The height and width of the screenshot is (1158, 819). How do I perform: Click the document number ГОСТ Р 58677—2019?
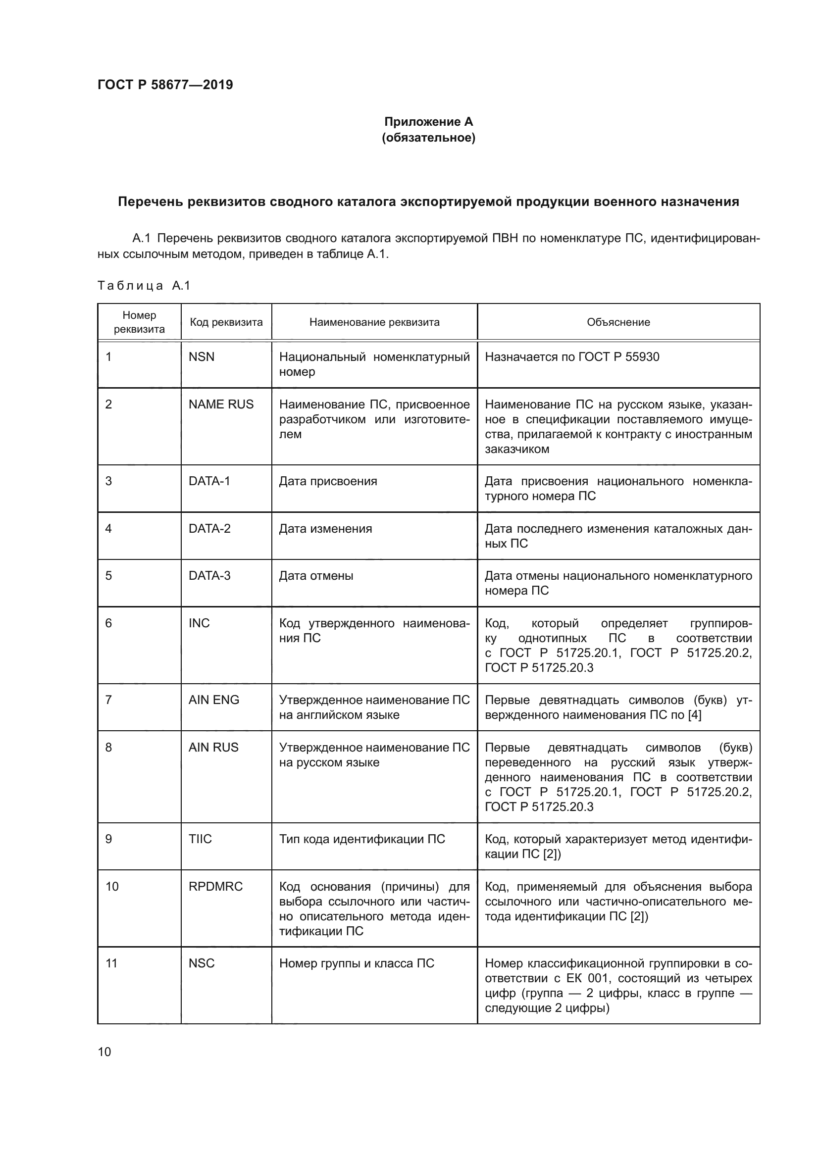(x=165, y=85)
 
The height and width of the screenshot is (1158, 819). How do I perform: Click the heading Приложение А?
(x=428, y=122)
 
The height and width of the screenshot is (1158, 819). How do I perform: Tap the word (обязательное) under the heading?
(x=428, y=137)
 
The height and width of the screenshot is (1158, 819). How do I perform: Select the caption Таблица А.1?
(x=144, y=286)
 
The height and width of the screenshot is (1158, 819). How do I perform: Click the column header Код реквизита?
(x=226, y=322)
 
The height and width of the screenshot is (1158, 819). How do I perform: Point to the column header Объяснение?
(x=618, y=322)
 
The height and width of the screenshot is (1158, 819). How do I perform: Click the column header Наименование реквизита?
(x=374, y=322)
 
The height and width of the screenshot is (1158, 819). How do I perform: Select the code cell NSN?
(x=201, y=357)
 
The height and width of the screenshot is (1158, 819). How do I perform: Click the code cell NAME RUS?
(x=221, y=404)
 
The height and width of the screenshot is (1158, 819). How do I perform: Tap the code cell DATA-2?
(x=209, y=529)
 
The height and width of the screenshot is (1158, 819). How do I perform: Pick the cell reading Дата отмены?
(x=316, y=576)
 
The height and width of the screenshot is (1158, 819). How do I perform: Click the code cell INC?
(x=199, y=623)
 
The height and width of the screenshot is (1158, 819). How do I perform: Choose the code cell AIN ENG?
(x=214, y=700)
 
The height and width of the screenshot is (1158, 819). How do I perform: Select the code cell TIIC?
(x=200, y=839)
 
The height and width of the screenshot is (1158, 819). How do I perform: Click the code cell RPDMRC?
(x=215, y=887)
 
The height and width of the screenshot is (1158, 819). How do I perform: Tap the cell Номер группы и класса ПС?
(x=357, y=963)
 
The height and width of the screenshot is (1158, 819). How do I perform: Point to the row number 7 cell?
(x=108, y=700)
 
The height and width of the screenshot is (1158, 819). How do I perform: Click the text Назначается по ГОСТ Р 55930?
(x=572, y=357)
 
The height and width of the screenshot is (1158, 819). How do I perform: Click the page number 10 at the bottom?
(x=104, y=1052)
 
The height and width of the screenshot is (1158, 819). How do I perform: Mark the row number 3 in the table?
(x=108, y=481)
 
